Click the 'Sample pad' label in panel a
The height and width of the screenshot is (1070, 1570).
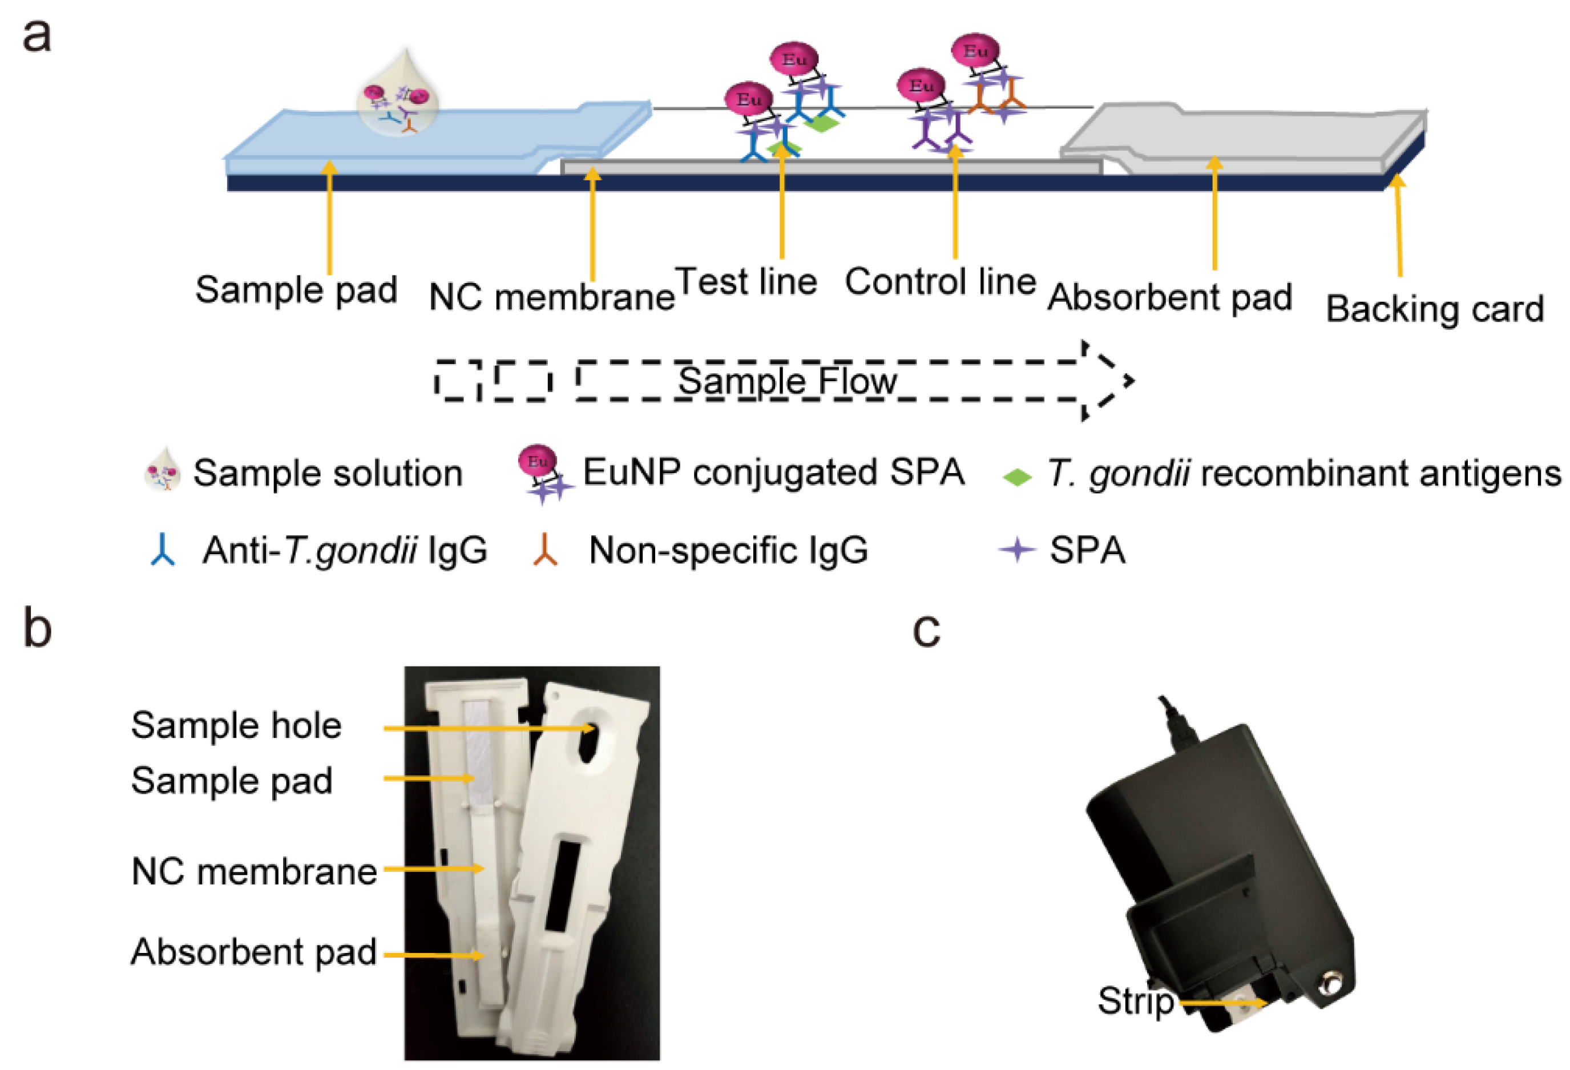(x=296, y=290)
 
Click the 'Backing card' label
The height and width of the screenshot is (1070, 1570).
(x=1434, y=309)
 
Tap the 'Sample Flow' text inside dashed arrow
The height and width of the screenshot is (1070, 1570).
(x=787, y=381)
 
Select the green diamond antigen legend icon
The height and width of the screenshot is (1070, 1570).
(x=1017, y=477)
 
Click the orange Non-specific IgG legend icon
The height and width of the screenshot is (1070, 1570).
(x=544, y=550)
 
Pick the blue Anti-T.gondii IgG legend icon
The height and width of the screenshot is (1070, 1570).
(x=163, y=550)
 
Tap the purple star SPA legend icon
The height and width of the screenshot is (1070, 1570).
(x=1017, y=550)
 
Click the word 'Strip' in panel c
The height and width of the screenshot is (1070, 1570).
(x=1135, y=1000)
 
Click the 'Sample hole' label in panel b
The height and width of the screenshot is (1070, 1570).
(x=236, y=725)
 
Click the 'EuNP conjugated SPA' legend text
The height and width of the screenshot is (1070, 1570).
(x=773, y=472)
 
